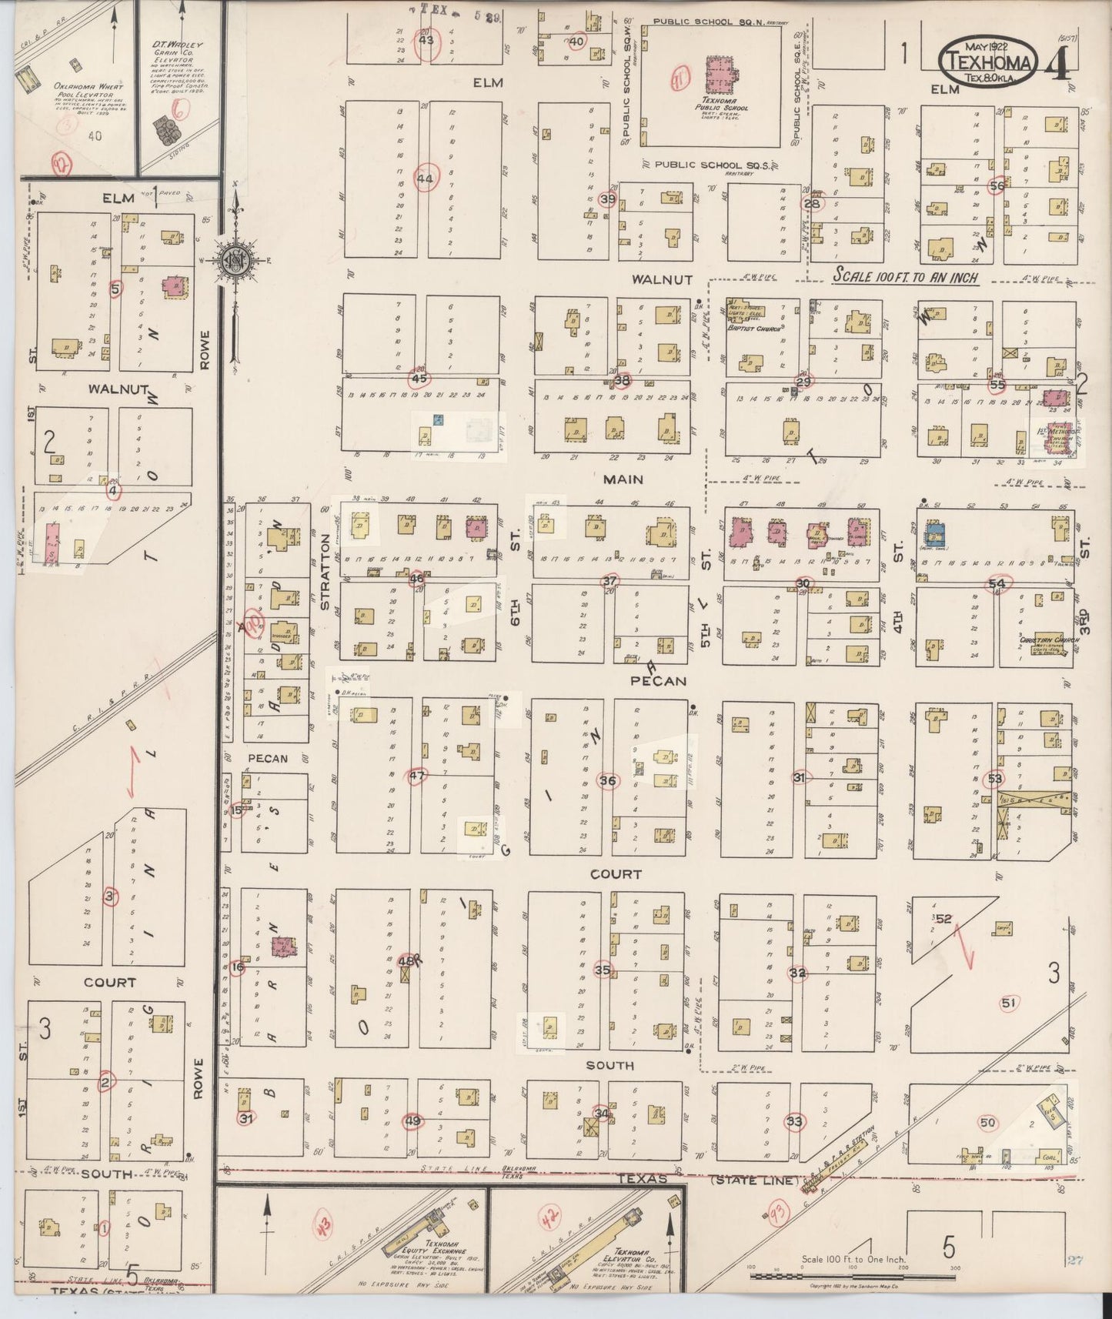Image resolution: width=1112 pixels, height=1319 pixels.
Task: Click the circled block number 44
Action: (x=425, y=178)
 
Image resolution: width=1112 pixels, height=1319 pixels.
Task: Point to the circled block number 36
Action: (x=608, y=780)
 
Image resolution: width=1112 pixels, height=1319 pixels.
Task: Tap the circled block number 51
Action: (x=1009, y=1002)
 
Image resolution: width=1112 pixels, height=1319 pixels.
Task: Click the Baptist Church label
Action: (x=755, y=327)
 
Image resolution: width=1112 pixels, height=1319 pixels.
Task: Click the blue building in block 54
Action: (x=935, y=531)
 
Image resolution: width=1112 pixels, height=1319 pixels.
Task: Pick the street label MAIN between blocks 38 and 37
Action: (x=623, y=479)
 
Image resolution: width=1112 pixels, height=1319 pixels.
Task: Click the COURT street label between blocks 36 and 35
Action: (x=616, y=874)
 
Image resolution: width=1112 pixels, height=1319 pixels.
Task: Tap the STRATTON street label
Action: (x=325, y=572)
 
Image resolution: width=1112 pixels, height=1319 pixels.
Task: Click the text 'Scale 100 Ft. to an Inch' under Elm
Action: (x=907, y=277)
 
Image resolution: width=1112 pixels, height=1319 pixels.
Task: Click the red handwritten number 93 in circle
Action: (x=778, y=1214)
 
